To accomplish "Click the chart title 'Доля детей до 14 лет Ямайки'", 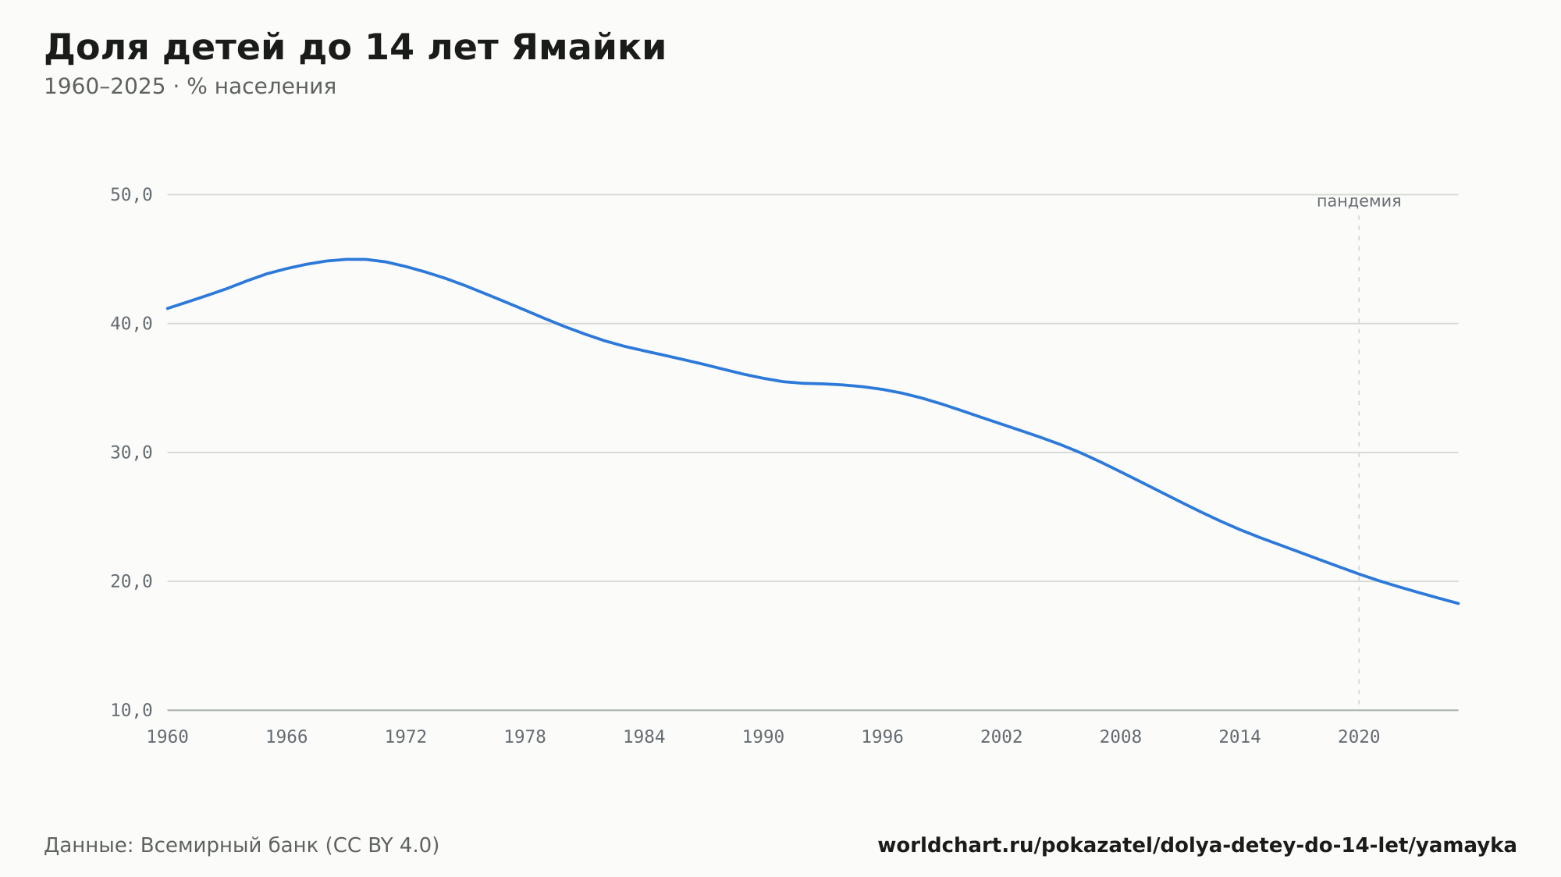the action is tap(355, 48).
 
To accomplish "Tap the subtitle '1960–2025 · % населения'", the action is tap(190, 87).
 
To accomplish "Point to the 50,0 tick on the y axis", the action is tap(131, 195).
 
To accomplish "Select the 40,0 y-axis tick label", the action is tap(131, 324).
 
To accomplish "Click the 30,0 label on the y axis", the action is tap(131, 453).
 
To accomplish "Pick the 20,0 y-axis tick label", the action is tap(131, 581).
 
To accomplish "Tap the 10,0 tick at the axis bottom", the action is tap(131, 710).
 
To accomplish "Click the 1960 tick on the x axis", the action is tap(168, 737).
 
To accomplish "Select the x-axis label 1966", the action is tap(286, 737).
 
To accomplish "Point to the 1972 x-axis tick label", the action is tap(406, 737).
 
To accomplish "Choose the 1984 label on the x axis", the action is tap(644, 737).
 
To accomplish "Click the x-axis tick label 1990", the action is tap(763, 737).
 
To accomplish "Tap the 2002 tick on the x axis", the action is tap(1001, 737).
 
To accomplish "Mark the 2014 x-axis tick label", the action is tap(1239, 737).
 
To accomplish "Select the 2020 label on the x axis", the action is tap(1359, 737).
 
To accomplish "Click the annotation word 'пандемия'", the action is tap(1359, 201).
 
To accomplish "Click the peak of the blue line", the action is tap(356, 259).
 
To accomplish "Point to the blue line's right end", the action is tap(1458, 603).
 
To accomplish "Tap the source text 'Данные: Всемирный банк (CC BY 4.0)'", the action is tap(242, 846).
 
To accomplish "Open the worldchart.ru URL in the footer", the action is tap(1197, 846).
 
